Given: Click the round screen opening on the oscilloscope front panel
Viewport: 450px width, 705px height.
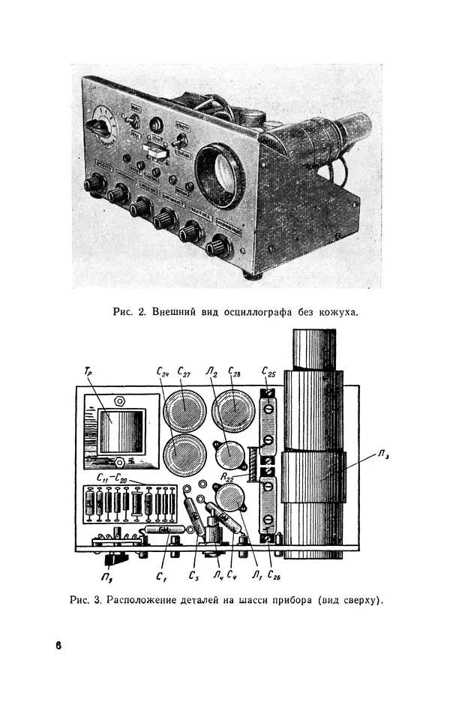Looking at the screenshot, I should [220, 175].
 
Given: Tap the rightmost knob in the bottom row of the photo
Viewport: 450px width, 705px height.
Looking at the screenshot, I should [218, 245].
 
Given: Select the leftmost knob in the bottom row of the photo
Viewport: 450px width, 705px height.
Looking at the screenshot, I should [94, 184].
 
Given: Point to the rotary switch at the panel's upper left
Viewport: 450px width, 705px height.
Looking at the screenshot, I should [97, 127].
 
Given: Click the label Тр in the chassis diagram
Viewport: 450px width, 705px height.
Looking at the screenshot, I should [88, 370].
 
